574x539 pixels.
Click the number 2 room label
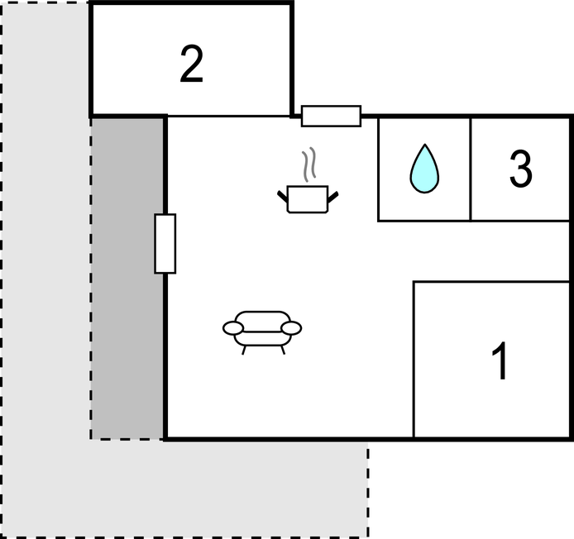(x=191, y=64)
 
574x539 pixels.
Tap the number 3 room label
(x=520, y=169)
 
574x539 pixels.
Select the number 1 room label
(x=500, y=361)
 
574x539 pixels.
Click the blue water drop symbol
(x=424, y=169)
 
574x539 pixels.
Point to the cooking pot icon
(x=308, y=199)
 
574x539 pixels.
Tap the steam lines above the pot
(x=309, y=165)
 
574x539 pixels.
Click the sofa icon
(x=262, y=332)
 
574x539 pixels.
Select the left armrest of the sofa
(x=232, y=328)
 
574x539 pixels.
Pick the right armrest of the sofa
(x=291, y=328)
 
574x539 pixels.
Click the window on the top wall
(x=331, y=116)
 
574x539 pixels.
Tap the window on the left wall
(x=165, y=243)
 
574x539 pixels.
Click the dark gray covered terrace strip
(x=127, y=278)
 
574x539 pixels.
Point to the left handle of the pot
(x=283, y=197)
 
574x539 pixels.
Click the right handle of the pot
(x=332, y=197)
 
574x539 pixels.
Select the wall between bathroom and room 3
(x=471, y=169)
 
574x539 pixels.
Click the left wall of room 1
(x=414, y=360)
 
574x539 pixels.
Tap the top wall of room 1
(x=491, y=282)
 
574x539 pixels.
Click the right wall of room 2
(x=292, y=60)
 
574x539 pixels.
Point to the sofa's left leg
(x=243, y=350)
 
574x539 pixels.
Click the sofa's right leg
(x=283, y=350)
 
